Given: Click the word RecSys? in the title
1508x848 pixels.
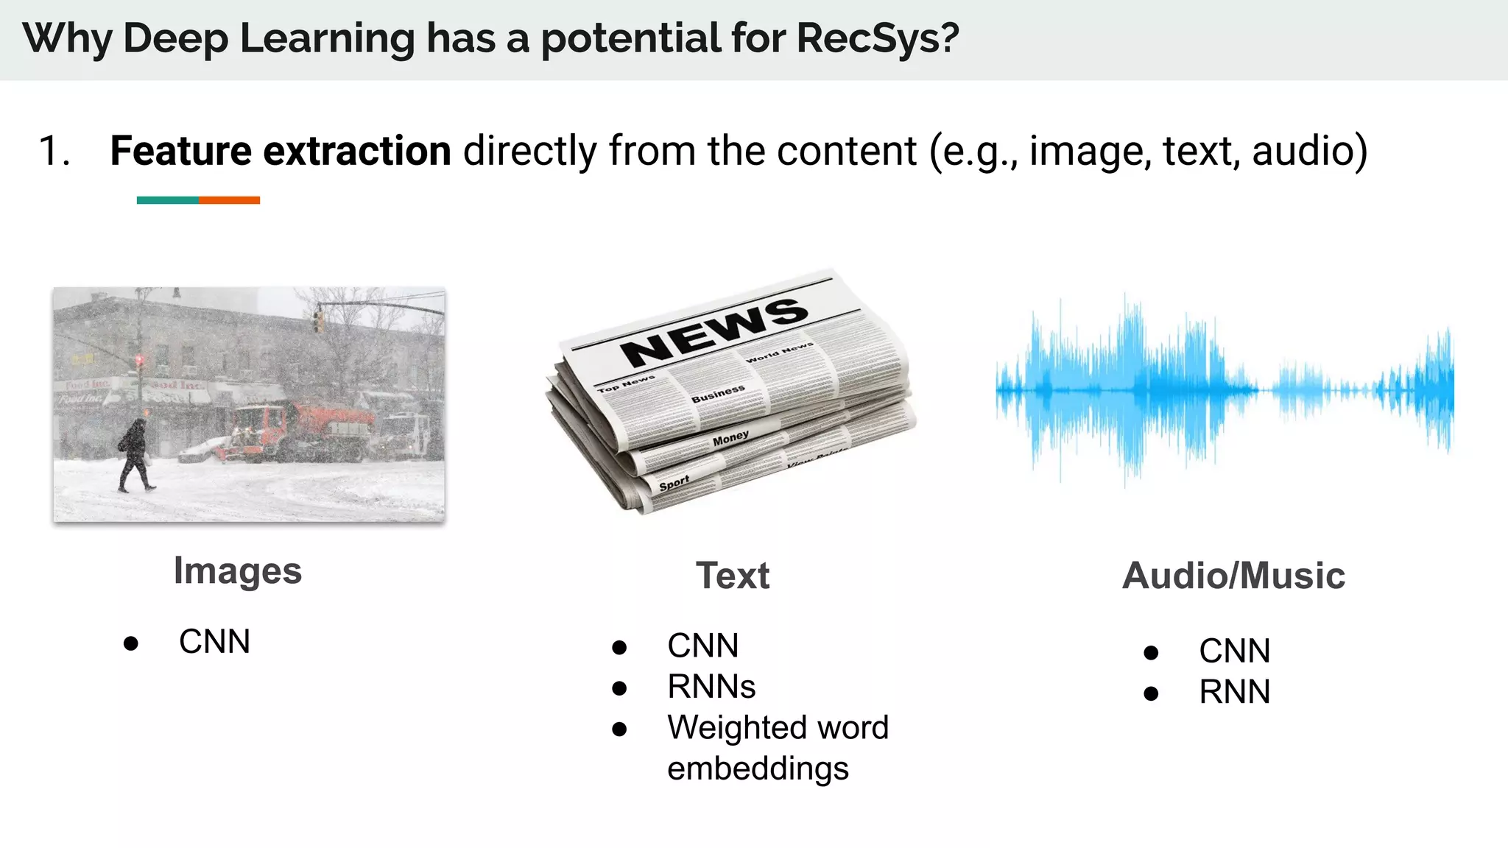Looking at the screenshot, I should click(878, 38).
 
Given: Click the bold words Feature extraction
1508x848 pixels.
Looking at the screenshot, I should click(280, 151).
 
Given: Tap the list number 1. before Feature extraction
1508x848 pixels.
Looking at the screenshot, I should click(54, 152).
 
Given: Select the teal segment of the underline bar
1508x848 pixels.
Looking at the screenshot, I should click(167, 200).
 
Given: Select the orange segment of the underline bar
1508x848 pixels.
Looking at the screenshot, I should click(229, 200).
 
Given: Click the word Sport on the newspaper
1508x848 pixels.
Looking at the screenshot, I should click(674, 484).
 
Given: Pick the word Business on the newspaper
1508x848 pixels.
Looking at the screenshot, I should click(718, 393).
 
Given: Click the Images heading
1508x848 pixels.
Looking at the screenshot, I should click(237, 571).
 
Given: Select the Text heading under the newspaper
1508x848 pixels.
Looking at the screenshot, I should click(733, 576).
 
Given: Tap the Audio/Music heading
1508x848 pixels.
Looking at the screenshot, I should click(1233, 576).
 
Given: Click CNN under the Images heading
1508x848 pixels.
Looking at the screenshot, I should click(214, 642).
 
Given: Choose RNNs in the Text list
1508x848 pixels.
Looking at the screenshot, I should click(711, 687).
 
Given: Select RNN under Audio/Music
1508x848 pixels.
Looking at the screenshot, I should click(1234, 692).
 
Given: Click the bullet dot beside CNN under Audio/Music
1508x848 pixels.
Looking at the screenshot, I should click(1152, 652).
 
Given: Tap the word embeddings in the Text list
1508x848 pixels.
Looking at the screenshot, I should click(758, 768).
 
